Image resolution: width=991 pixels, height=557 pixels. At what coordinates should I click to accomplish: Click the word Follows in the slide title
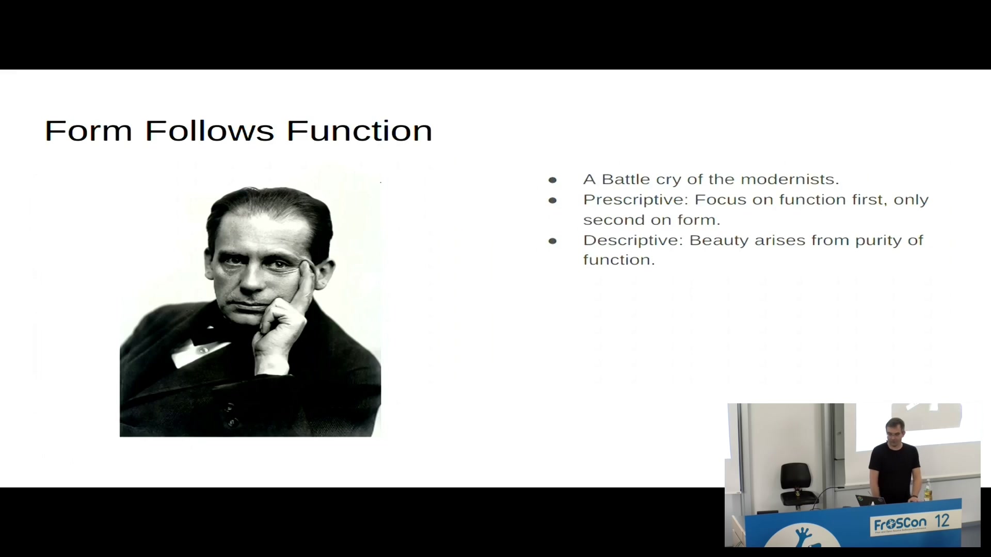click(x=210, y=130)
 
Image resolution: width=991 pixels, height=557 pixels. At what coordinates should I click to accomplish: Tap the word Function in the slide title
click(x=360, y=130)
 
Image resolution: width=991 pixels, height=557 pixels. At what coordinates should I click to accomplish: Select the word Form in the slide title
click(x=89, y=130)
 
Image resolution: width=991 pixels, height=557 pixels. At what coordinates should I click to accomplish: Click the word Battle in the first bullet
click(x=626, y=179)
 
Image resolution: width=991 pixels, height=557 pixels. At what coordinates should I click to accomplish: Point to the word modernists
click(x=790, y=179)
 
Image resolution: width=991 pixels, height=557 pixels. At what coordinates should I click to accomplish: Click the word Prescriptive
click(x=636, y=200)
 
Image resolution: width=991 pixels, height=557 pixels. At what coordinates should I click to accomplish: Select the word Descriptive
click(x=633, y=240)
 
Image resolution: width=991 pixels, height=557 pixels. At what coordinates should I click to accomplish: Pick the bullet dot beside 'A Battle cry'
click(x=553, y=180)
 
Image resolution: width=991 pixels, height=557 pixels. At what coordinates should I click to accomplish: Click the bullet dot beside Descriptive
click(x=553, y=241)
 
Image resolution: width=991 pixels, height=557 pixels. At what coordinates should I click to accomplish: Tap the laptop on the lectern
click(x=871, y=500)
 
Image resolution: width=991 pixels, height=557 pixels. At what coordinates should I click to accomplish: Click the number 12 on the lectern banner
click(x=942, y=521)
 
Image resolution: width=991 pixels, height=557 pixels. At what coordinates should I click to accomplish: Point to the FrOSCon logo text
click(x=900, y=524)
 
